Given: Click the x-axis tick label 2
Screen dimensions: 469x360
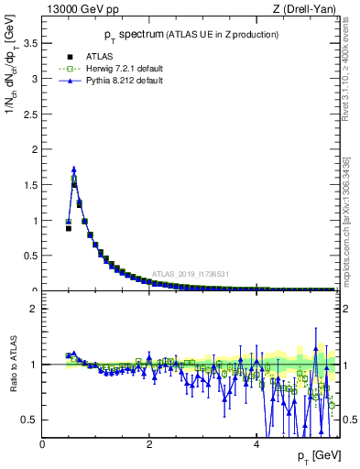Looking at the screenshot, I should point(149,444).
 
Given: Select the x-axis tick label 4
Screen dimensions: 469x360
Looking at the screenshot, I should point(256,444).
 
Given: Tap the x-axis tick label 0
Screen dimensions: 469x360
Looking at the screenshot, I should point(42,444).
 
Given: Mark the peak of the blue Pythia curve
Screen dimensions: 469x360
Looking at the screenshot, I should point(73,169).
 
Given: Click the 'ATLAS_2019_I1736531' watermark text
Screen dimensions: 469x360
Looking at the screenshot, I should point(190,273).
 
